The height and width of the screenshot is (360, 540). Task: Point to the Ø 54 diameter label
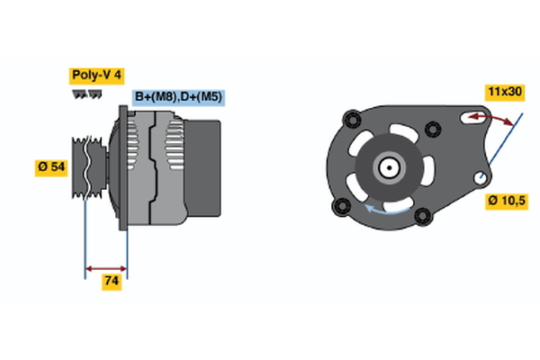point(50,166)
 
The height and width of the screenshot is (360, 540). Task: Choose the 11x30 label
point(505,92)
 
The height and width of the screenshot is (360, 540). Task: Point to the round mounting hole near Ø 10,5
point(484,176)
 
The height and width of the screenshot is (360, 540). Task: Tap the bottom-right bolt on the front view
point(422,215)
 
